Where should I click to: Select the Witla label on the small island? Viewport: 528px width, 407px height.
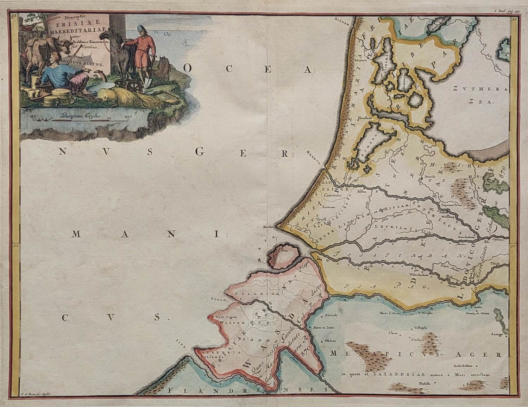[284, 251]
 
